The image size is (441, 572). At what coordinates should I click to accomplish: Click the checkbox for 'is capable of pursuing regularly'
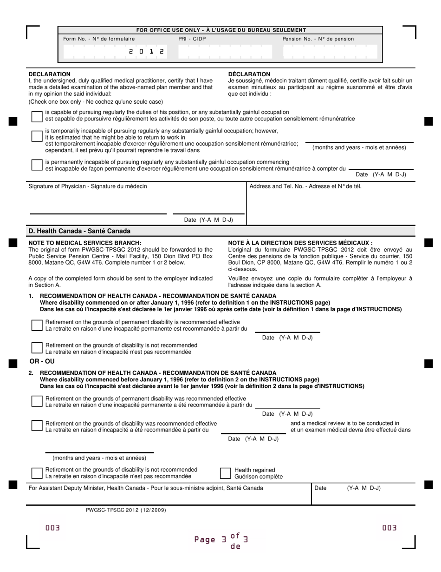(x=37, y=116)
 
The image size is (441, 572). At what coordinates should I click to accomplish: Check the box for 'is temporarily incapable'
(x=37, y=136)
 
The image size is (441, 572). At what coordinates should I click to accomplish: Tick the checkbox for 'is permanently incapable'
(x=37, y=165)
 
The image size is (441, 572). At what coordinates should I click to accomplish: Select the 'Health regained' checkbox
(x=225, y=473)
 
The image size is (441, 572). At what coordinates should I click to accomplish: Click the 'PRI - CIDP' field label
(x=192, y=39)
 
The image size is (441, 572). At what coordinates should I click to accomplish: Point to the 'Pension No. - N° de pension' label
(x=318, y=39)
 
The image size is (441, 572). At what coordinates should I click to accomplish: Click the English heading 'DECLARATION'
(x=50, y=74)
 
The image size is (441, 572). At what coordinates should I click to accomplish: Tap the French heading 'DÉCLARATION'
(x=249, y=74)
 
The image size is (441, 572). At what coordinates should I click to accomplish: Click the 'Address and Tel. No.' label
(x=305, y=186)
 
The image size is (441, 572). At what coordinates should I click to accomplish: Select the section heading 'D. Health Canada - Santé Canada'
(x=79, y=231)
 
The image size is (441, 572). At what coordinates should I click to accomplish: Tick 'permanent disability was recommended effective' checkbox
(x=37, y=401)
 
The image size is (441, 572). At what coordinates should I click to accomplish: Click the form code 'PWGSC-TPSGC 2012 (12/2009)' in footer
(x=126, y=510)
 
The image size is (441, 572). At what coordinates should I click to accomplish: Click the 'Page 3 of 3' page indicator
(x=221, y=540)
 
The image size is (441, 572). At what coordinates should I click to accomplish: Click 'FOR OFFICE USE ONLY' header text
(x=221, y=30)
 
